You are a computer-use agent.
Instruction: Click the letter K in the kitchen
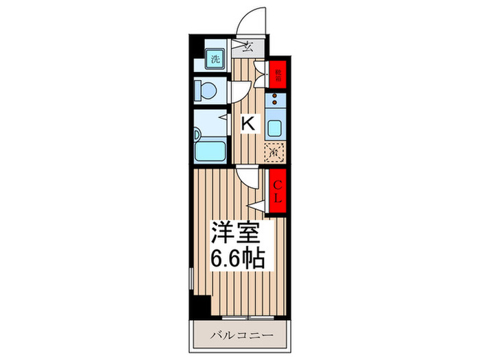(249, 123)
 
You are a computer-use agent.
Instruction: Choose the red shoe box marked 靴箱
(278, 73)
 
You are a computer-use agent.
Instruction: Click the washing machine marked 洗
(215, 58)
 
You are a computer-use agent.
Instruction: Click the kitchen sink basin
(276, 128)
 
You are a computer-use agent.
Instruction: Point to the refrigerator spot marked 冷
(273, 152)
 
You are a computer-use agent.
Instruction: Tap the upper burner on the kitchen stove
(276, 99)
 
